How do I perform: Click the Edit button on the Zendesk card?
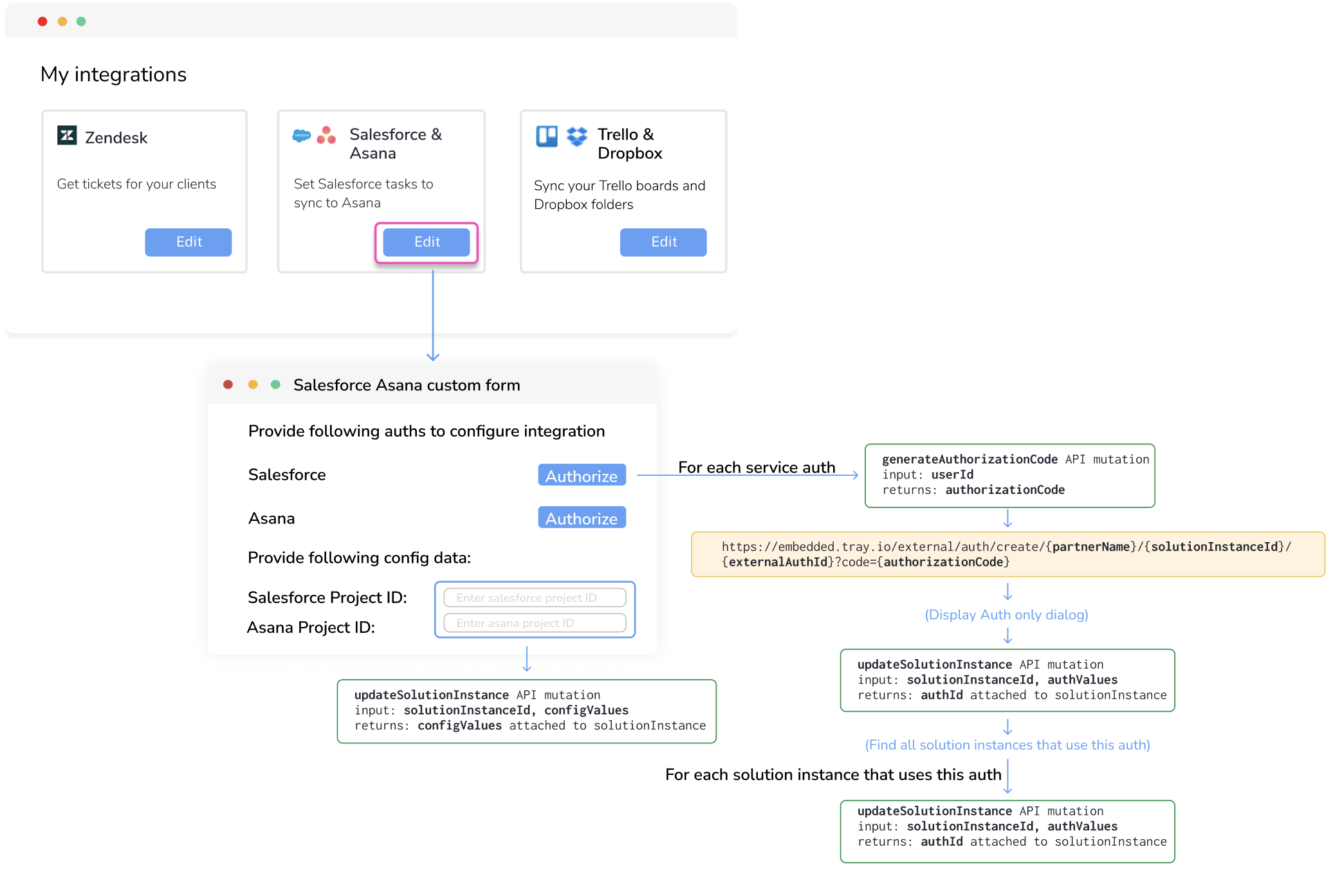click(188, 242)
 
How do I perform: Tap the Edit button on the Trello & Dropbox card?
click(663, 242)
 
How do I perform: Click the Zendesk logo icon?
click(67, 136)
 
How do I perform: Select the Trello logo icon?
click(547, 136)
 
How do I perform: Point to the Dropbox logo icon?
click(577, 136)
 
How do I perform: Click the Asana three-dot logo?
click(326, 135)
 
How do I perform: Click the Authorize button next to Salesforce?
click(581, 475)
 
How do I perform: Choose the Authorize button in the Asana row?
click(581, 518)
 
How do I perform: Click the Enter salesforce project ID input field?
click(534, 597)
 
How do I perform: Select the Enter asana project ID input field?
click(534, 622)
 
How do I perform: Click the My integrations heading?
click(113, 75)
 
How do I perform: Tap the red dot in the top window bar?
click(42, 21)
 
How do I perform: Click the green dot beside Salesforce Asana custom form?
click(275, 385)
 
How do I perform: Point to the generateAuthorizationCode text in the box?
click(969, 459)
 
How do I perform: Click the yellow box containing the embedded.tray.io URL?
click(1007, 554)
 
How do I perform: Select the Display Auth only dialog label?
click(1006, 615)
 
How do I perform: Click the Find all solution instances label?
click(1007, 745)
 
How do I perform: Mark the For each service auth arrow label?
click(756, 468)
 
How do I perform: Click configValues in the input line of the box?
click(586, 710)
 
